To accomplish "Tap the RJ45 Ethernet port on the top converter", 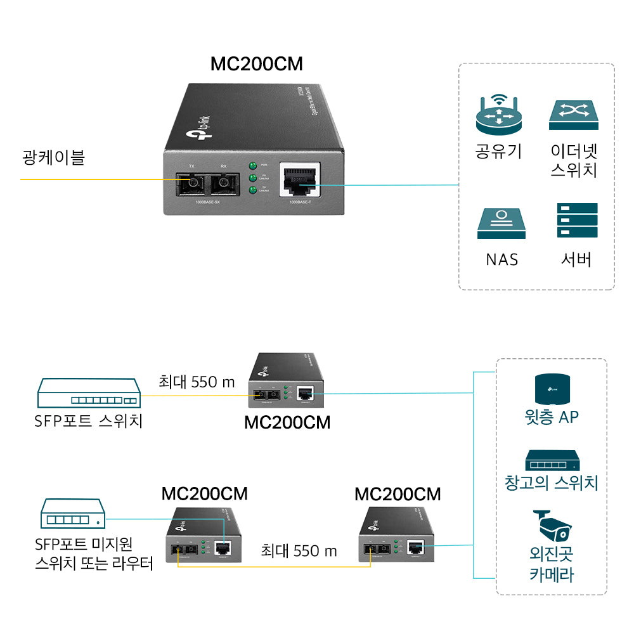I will tap(300, 181).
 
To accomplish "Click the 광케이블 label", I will tap(53, 158).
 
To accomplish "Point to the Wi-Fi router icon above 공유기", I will tap(498, 115).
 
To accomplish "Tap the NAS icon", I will tap(501, 223).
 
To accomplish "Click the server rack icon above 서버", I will tap(577, 220).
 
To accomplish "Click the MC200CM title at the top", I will tap(256, 65).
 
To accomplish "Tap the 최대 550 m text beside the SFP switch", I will tap(197, 382).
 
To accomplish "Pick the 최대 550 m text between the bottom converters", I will tap(299, 550).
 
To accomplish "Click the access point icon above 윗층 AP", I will tap(552, 388).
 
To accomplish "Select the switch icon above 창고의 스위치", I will tap(551, 461).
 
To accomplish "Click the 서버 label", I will tap(576, 259).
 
